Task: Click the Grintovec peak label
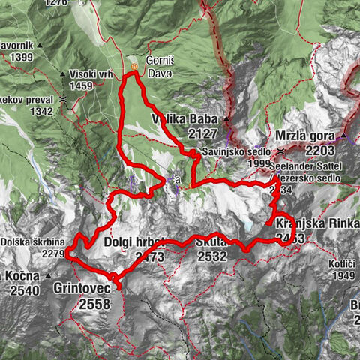(82, 287)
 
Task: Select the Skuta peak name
(212, 242)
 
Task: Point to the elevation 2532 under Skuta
(213, 256)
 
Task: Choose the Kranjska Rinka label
(310, 223)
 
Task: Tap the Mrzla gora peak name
(304, 138)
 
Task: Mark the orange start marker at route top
(133, 67)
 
